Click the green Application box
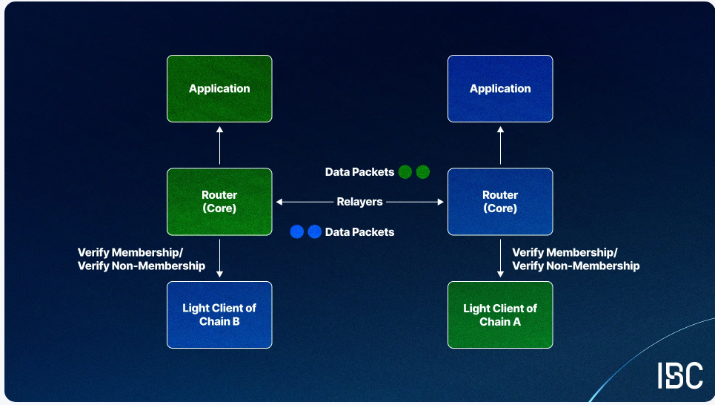[219, 88]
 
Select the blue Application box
[500, 88]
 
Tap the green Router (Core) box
[219, 202]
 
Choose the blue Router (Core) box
[500, 202]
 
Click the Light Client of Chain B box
[219, 315]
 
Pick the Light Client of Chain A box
[500, 315]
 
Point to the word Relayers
[359, 202]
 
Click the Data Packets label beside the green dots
[359, 172]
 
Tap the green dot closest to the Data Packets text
[405, 172]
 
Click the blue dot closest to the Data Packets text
[315, 232]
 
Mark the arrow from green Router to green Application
[219, 145]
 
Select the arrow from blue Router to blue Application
[500, 145]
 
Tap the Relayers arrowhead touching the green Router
[279, 202]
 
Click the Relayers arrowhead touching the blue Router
[441, 202]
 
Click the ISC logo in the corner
[679, 375]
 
